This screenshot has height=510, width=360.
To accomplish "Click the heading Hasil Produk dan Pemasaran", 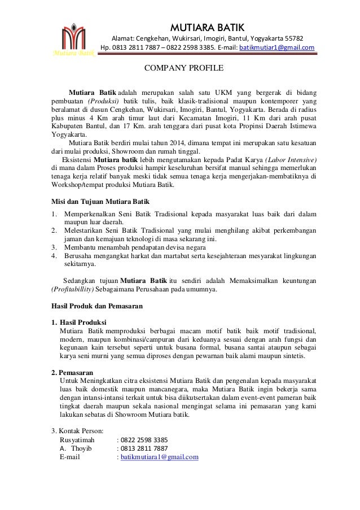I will [96, 307].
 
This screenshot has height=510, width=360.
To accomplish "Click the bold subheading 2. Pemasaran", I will [72, 372].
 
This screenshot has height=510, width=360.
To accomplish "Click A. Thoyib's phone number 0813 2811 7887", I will [143, 448].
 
